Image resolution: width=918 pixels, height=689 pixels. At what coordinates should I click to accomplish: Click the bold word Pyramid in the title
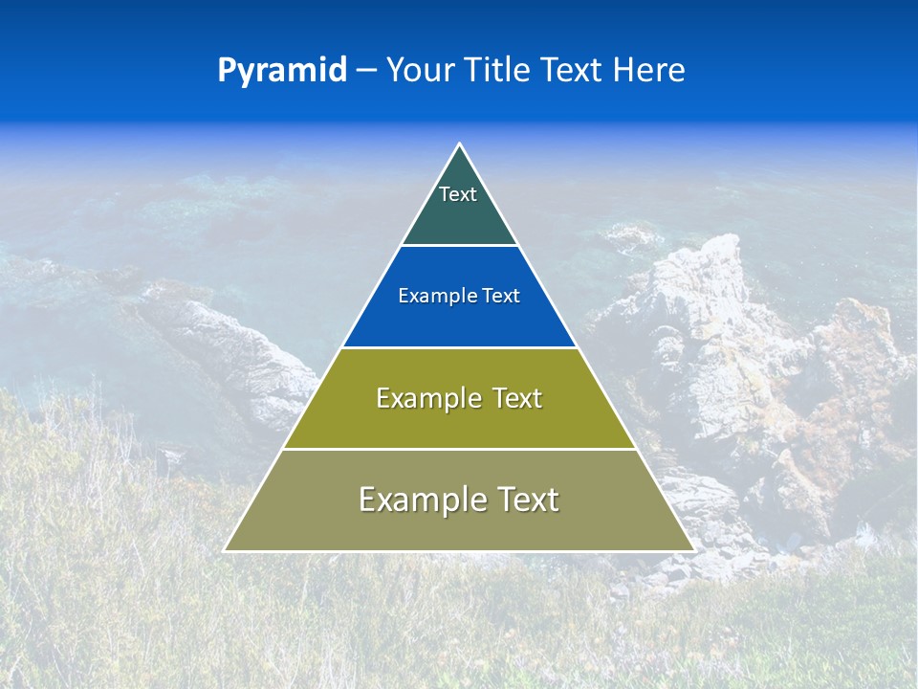tap(282, 71)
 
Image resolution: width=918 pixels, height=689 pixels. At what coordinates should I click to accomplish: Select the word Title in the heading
tap(500, 71)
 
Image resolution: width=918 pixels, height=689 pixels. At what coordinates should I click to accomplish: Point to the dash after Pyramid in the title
tap(366, 72)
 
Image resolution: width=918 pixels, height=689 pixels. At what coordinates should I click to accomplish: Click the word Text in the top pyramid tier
tap(458, 194)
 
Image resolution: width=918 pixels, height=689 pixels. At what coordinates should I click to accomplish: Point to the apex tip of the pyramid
tap(459, 145)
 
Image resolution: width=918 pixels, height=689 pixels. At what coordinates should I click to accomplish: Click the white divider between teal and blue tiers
tap(459, 246)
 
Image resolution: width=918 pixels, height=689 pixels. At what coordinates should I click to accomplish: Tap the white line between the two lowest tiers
tap(459, 449)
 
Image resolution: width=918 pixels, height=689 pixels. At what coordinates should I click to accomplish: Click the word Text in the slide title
tap(576, 71)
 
